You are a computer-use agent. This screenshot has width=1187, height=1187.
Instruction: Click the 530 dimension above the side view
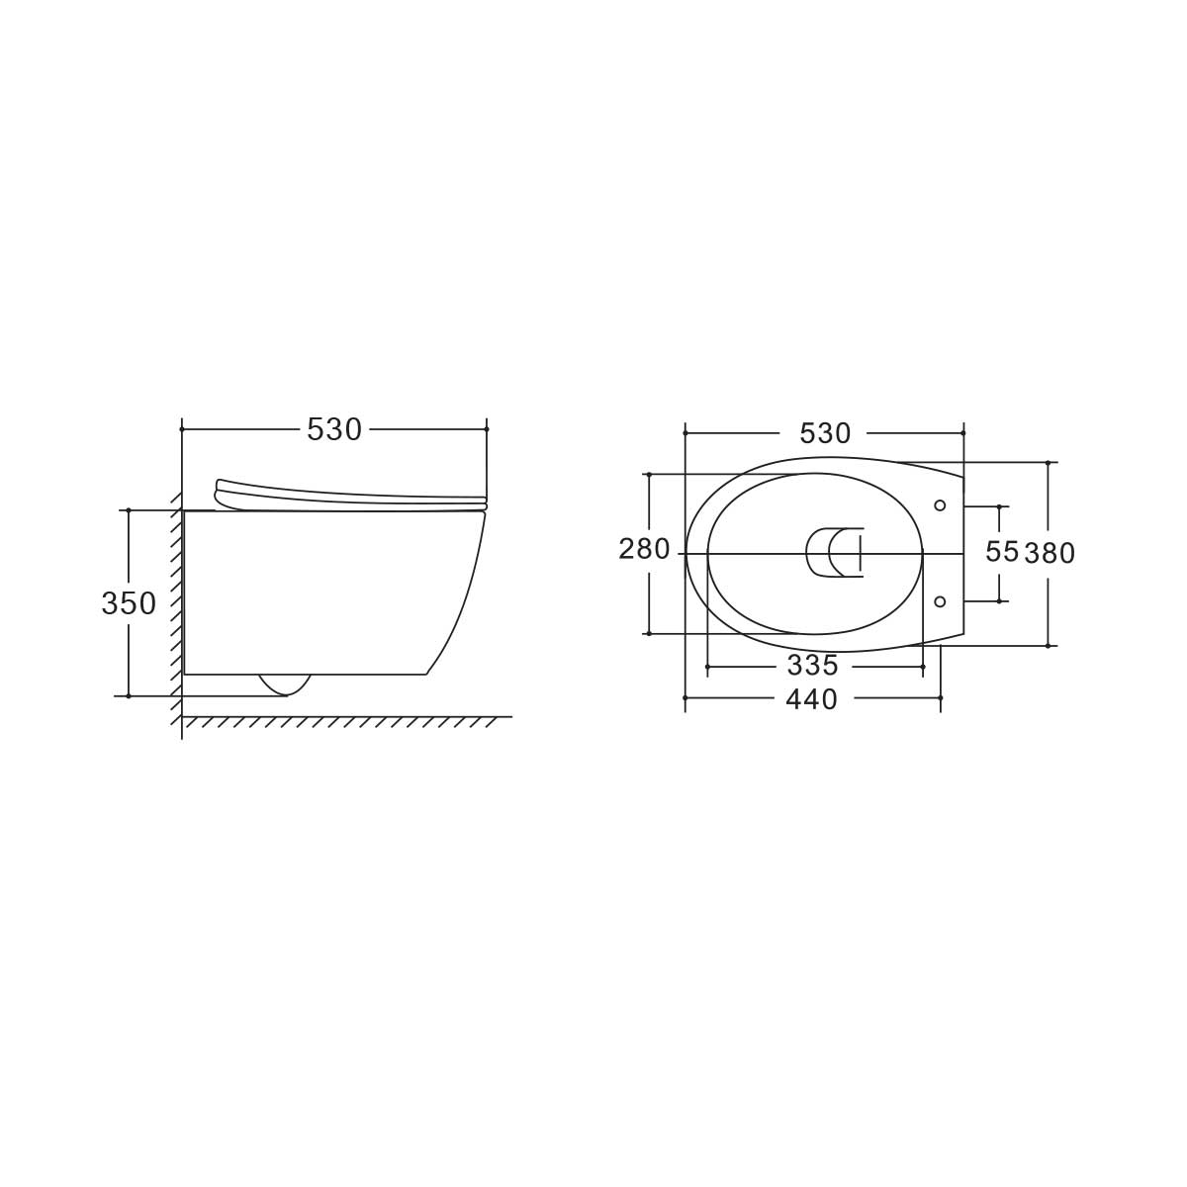point(334,429)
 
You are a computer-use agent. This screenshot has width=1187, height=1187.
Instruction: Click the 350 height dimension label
point(129,603)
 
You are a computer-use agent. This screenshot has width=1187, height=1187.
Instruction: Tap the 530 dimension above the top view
point(825,433)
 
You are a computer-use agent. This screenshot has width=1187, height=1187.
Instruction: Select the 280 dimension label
point(644,549)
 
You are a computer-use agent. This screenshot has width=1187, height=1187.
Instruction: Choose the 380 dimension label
point(1050,553)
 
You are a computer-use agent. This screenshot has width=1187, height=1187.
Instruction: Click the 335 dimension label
point(813,665)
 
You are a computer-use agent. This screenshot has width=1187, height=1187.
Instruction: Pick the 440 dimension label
point(812,699)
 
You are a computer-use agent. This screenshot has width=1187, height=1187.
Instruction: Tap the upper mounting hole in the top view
point(940,505)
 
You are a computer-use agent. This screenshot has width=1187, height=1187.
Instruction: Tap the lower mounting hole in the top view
point(940,601)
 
